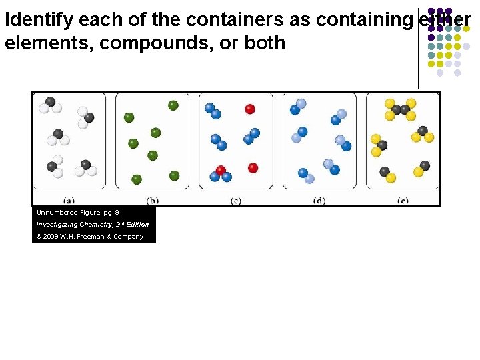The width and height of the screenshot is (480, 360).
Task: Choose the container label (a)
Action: (69, 200)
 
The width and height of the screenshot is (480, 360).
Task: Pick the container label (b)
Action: (152, 200)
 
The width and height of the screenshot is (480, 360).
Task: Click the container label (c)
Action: (235, 200)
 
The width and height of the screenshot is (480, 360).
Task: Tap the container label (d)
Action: (319, 200)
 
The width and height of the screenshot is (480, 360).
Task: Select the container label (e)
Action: (402, 200)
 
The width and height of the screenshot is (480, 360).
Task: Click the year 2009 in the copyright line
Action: (52, 237)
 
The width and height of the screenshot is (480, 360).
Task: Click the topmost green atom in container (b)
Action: (173, 105)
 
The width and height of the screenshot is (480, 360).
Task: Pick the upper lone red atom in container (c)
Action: (250, 109)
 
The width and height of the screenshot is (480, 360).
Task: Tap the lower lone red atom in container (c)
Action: (253, 168)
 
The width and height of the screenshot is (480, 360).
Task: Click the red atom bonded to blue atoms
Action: (221, 171)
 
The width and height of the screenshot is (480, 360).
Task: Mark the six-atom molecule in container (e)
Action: (400, 109)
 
